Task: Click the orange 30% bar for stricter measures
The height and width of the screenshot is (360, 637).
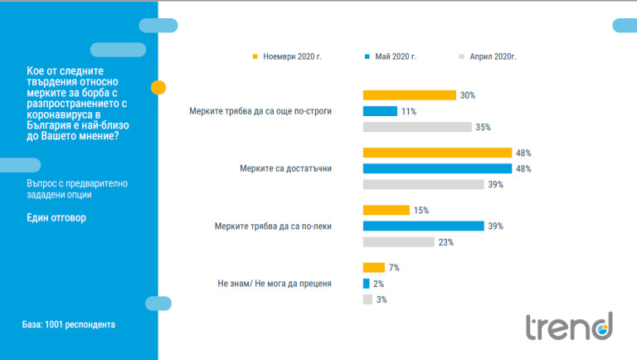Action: [x=410, y=95]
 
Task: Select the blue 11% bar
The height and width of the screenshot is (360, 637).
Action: [x=381, y=111]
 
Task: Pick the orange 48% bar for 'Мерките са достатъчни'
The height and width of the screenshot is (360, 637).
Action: [x=437, y=153]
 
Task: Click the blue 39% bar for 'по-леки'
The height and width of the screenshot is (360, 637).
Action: [x=424, y=226]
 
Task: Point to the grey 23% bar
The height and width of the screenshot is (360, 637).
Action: [x=399, y=241]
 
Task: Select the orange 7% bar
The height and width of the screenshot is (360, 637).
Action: [x=374, y=267]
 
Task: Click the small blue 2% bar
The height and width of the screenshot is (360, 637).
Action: [x=367, y=283]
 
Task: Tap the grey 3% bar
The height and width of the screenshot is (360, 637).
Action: [x=367, y=299]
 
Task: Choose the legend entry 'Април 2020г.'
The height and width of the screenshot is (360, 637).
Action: [x=492, y=57]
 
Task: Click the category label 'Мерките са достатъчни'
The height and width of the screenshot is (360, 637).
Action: [x=284, y=168]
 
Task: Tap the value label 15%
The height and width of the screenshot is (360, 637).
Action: [x=421, y=210]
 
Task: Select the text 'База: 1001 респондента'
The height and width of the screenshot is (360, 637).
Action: [x=69, y=324]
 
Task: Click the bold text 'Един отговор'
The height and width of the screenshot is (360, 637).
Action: [x=56, y=218]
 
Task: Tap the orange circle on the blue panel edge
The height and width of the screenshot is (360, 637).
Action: [x=158, y=87]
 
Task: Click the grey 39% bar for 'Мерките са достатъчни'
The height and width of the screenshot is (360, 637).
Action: [x=424, y=184]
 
